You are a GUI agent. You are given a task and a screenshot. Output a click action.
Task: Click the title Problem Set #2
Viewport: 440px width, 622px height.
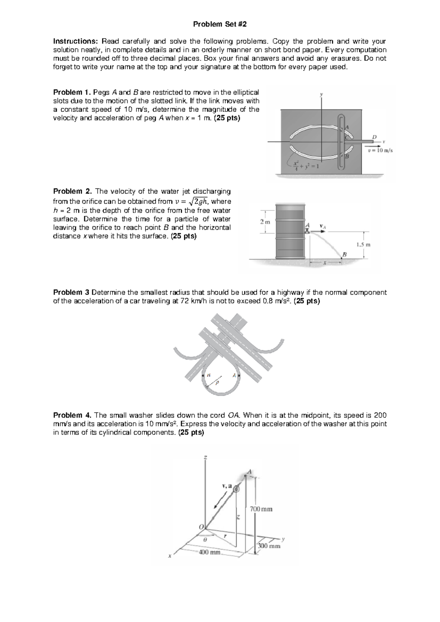[x=220, y=24]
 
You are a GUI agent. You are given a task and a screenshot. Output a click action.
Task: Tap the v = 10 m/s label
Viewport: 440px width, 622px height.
[x=380, y=150]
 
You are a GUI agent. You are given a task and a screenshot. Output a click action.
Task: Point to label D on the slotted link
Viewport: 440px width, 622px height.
[x=374, y=137]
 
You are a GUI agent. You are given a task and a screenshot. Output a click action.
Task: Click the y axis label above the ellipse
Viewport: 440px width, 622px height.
[x=322, y=94]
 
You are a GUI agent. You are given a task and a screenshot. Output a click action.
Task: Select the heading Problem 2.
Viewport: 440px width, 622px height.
[x=72, y=191]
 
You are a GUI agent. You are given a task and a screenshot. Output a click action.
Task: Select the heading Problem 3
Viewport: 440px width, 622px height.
[x=71, y=292]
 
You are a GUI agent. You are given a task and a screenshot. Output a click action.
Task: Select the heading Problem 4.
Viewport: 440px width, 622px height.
[x=72, y=415]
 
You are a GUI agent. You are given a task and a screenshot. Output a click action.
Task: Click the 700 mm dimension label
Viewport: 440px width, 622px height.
[x=261, y=509]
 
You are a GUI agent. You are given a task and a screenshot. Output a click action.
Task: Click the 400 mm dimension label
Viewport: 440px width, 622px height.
[x=209, y=552]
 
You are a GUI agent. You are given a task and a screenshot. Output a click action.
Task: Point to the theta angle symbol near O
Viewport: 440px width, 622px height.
[x=205, y=540]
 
